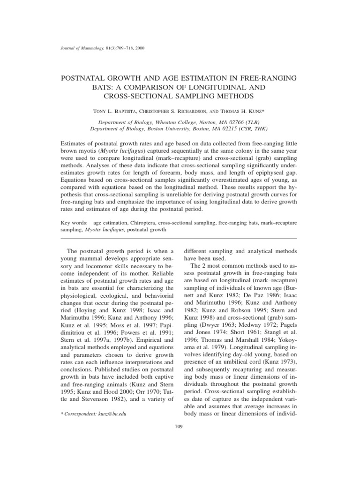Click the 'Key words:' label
point(75,223)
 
